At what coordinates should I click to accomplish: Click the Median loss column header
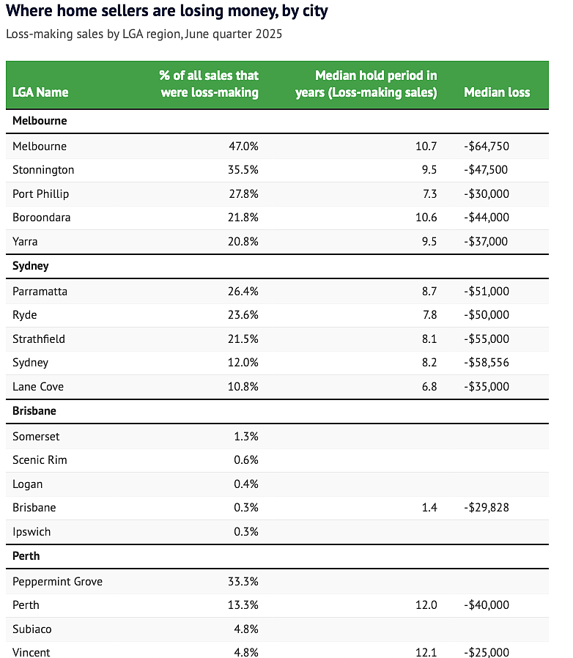pyautogui.click(x=497, y=92)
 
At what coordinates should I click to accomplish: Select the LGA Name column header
pyautogui.click(x=40, y=92)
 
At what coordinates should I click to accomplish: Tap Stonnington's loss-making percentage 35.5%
pyautogui.click(x=243, y=170)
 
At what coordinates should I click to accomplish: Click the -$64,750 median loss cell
pyautogui.click(x=487, y=147)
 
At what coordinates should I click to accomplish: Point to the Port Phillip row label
pyautogui.click(x=41, y=194)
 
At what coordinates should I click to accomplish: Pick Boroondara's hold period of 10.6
pyautogui.click(x=426, y=218)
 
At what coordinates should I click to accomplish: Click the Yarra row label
pyautogui.click(x=25, y=242)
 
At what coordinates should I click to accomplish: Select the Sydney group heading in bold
pyautogui.click(x=31, y=266)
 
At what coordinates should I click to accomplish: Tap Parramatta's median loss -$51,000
pyautogui.click(x=487, y=291)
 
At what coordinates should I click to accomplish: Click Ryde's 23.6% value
pyautogui.click(x=243, y=315)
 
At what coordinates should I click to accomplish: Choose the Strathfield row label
pyautogui.click(x=39, y=339)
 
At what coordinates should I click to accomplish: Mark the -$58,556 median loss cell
pyautogui.click(x=487, y=363)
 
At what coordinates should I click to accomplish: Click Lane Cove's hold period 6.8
pyautogui.click(x=429, y=386)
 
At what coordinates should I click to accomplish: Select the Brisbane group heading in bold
pyautogui.click(x=34, y=411)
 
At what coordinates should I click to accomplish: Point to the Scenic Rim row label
pyautogui.click(x=40, y=460)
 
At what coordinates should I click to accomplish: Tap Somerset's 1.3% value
pyautogui.click(x=246, y=437)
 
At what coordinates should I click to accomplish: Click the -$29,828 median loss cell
pyautogui.click(x=487, y=508)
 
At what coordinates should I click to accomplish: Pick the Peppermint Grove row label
pyautogui.click(x=57, y=582)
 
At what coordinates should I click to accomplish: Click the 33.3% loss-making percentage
pyautogui.click(x=243, y=582)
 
